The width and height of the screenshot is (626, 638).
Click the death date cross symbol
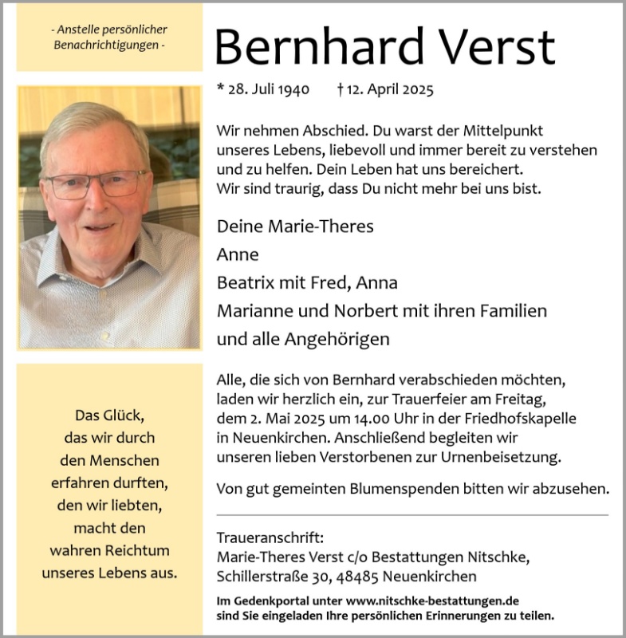point(341,90)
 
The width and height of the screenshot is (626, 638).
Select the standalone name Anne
point(238,255)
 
